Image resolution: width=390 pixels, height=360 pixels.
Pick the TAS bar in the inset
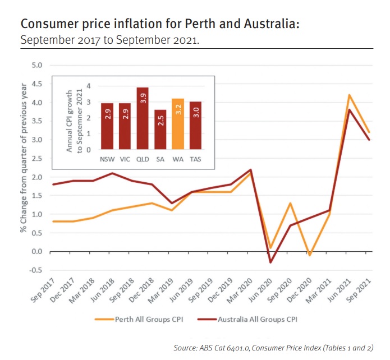point(196,125)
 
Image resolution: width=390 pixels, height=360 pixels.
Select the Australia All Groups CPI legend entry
point(247,320)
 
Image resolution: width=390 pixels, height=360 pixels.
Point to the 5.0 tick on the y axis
point(37,66)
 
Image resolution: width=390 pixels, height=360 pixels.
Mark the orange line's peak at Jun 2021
point(349,95)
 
